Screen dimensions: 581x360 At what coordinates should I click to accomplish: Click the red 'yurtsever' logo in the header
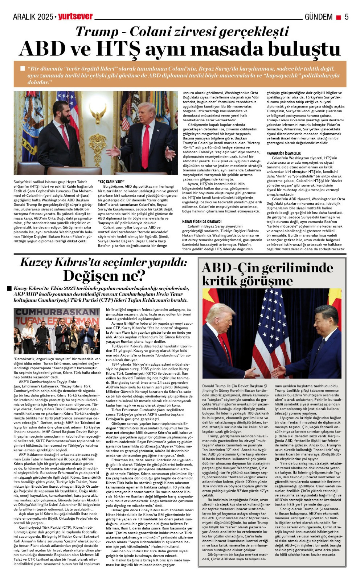[x=75, y=16]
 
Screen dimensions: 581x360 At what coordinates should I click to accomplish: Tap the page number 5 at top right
[x=346, y=17]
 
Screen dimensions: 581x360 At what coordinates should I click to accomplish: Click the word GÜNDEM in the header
[x=318, y=17]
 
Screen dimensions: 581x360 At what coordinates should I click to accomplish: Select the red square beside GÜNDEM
[x=338, y=17]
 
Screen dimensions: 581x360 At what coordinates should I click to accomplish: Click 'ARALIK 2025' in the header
[x=33, y=17]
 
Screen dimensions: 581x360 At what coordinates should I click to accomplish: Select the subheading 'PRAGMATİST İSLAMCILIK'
[x=283, y=153]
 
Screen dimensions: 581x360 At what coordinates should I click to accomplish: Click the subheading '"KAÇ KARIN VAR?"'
[x=111, y=182]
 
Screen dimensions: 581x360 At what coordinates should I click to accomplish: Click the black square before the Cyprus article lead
[x=9, y=289]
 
